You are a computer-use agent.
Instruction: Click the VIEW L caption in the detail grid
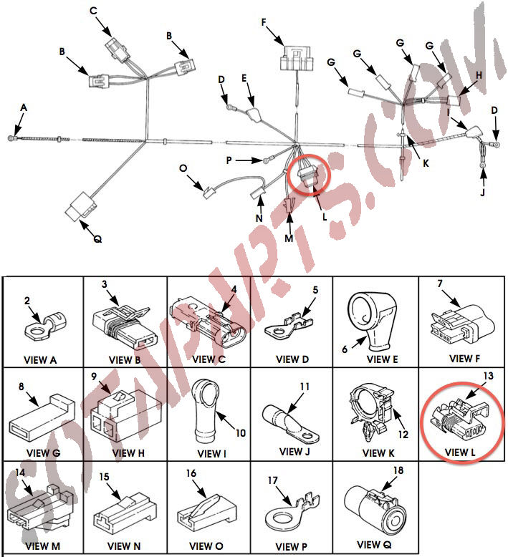[x=460, y=452]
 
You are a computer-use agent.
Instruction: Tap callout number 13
[x=489, y=375]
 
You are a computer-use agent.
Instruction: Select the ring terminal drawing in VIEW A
[x=45, y=325]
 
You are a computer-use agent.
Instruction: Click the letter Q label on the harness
[x=97, y=239]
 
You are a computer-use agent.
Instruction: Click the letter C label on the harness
[x=93, y=11]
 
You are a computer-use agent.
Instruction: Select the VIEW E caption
[x=382, y=359]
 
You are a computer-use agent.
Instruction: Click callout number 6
[x=345, y=349]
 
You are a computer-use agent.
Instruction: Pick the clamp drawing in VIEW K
[x=373, y=412]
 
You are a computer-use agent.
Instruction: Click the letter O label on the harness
[x=183, y=168]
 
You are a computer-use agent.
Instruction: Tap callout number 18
[x=398, y=470]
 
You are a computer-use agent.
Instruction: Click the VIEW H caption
[x=128, y=453]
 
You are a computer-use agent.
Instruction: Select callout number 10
[x=241, y=433]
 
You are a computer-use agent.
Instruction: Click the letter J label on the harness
[x=482, y=192]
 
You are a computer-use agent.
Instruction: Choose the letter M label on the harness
[x=289, y=238]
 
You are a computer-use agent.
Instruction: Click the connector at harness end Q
[x=80, y=206]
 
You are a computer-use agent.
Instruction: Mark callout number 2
[x=27, y=301]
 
